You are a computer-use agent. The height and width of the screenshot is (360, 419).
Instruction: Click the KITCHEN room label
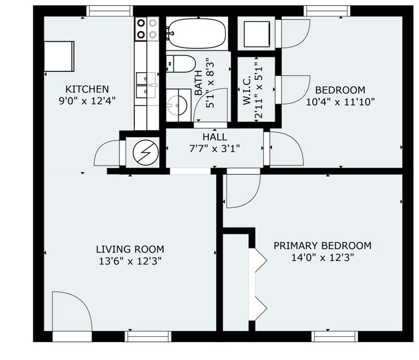(x=86, y=89)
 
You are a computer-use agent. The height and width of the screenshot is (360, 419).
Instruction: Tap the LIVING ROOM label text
(x=130, y=249)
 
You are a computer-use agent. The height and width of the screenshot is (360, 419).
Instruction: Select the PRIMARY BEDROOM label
(x=322, y=245)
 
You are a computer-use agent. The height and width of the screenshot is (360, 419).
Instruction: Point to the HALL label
(x=215, y=137)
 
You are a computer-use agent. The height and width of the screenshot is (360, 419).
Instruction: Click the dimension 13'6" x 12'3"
(x=130, y=261)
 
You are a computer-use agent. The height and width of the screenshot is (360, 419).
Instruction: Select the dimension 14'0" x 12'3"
(x=322, y=257)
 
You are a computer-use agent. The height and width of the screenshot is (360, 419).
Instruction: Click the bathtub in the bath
(x=196, y=31)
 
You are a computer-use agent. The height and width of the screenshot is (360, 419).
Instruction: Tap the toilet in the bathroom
(x=180, y=63)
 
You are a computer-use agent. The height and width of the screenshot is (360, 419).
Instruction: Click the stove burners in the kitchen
(x=147, y=28)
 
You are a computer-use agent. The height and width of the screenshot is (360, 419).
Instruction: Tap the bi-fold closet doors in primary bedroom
(x=260, y=283)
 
